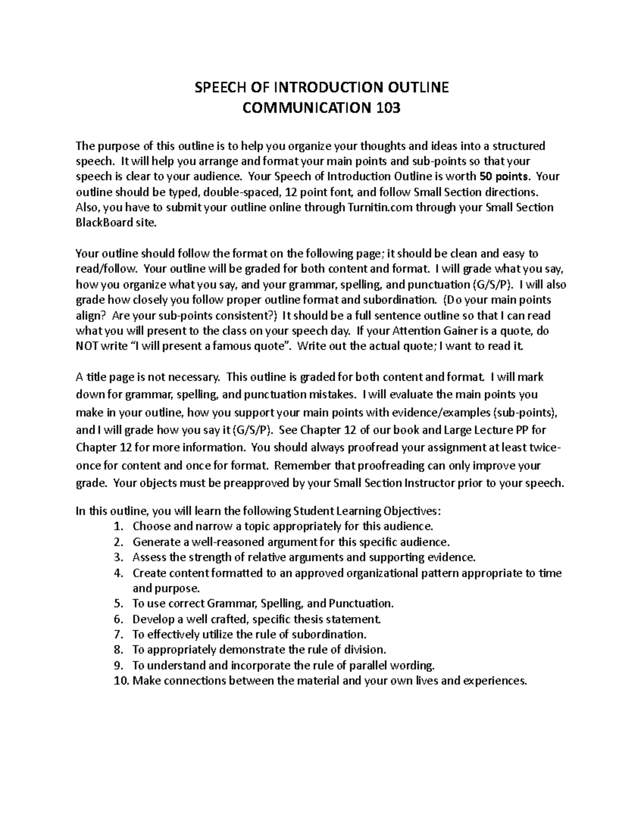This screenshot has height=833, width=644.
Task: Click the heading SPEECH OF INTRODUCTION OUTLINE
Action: click(x=321, y=87)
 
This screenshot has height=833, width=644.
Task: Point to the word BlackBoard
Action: click(x=103, y=223)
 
